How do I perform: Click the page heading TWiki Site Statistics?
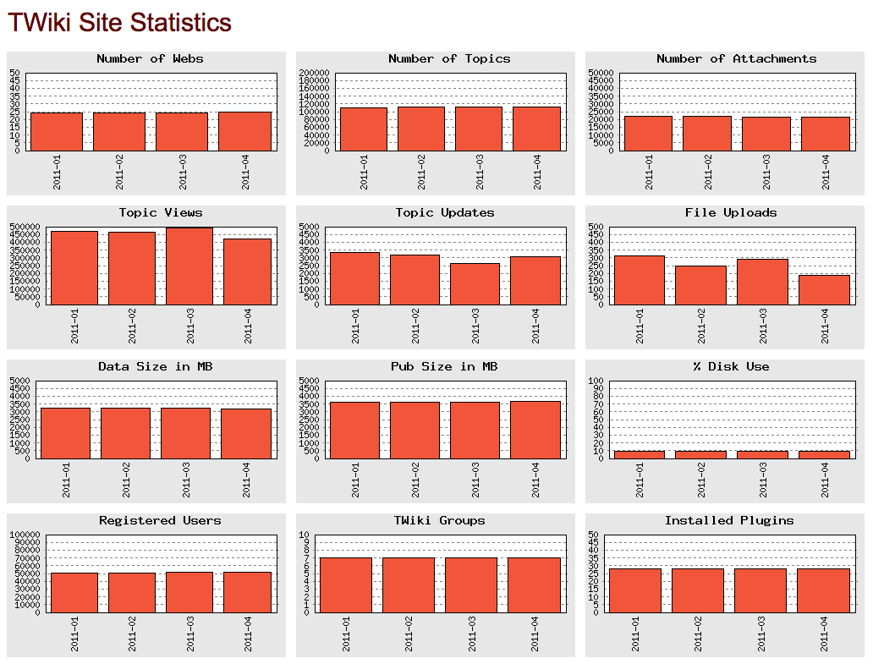coord(119,23)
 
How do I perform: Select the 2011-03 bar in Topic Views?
coord(189,266)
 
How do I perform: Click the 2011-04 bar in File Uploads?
coord(824,289)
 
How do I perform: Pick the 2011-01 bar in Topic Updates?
coord(354,278)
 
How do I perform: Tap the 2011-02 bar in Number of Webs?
coord(119,131)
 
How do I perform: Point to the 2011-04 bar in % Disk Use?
coord(824,454)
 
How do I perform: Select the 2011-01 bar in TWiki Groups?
coord(346,584)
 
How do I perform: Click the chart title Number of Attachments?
coord(736,59)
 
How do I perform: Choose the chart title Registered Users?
coord(160,521)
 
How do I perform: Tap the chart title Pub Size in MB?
coord(444,367)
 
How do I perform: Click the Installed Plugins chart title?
coord(729,521)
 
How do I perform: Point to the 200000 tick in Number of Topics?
coord(315,74)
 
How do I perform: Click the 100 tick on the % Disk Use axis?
coord(595,381)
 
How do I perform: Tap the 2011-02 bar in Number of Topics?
coord(421,129)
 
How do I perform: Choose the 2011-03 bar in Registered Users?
coord(190,592)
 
